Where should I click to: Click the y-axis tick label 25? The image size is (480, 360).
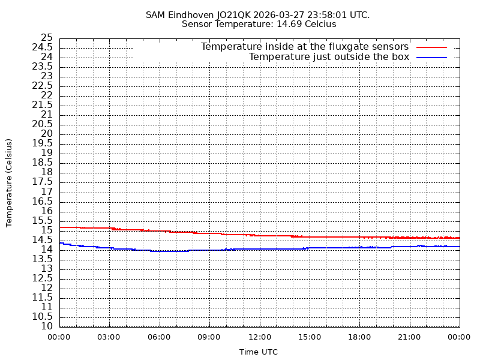tap(47, 38)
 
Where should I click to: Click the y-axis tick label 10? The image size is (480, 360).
tap(47, 326)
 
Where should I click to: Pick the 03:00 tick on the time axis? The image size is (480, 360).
tap(109, 337)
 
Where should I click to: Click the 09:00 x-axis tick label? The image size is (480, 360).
tap(209, 337)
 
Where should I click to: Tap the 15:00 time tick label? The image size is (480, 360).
tap(310, 337)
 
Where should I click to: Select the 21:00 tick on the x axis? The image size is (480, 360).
tap(410, 337)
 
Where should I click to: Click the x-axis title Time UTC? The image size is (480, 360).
tap(259, 352)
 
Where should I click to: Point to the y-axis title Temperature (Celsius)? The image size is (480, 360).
tap(9, 182)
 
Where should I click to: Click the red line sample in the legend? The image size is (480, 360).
tap(432, 47)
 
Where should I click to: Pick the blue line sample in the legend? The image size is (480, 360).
tap(432, 57)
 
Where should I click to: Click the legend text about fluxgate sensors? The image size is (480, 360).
tap(305, 47)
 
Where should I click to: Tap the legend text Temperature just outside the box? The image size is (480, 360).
tap(329, 57)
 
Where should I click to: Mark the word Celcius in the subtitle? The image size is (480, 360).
tap(319, 25)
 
